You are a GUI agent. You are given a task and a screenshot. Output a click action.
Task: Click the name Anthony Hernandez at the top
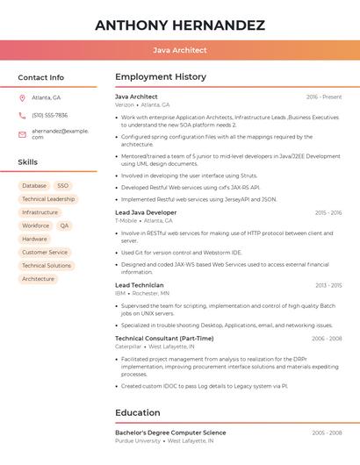click(x=179, y=25)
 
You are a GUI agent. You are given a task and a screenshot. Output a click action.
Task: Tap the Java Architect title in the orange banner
click(x=179, y=51)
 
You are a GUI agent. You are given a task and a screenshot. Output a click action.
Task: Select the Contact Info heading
click(x=40, y=77)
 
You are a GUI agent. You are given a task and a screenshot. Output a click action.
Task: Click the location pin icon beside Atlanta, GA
click(x=22, y=97)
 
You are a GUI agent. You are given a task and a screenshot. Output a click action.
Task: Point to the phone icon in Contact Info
click(x=22, y=115)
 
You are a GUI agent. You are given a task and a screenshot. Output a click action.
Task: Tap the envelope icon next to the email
click(x=22, y=133)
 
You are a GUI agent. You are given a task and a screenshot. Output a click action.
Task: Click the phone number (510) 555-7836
click(x=49, y=115)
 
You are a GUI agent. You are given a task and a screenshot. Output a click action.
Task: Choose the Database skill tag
click(x=34, y=186)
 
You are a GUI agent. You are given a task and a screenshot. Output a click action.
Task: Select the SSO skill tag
click(x=62, y=186)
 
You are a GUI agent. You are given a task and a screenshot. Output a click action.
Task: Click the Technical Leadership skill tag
click(x=48, y=199)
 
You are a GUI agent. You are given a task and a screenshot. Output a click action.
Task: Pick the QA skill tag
click(x=64, y=225)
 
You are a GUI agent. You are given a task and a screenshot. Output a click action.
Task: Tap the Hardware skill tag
click(x=34, y=239)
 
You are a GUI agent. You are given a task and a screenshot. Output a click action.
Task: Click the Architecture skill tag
click(x=38, y=279)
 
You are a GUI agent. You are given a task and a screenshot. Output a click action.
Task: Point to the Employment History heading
click(x=160, y=77)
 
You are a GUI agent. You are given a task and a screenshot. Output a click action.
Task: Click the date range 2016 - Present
click(x=324, y=97)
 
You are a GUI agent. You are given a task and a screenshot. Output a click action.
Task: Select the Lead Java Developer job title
click(x=146, y=212)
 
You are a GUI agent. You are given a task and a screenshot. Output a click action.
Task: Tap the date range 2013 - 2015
click(x=328, y=285)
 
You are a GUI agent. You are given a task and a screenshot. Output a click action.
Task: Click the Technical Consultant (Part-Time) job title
click(x=164, y=338)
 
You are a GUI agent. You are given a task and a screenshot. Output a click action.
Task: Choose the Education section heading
click(x=137, y=412)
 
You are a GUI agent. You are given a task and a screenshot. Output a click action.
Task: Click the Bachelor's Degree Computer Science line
click(x=170, y=433)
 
